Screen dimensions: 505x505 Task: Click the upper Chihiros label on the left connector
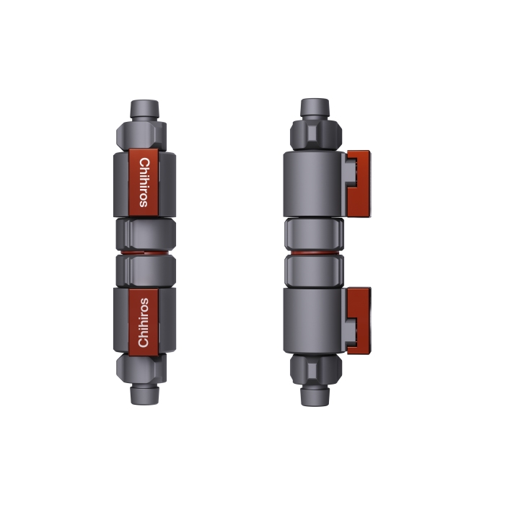(x=144, y=183)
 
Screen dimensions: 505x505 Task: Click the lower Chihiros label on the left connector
(x=143, y=321)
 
